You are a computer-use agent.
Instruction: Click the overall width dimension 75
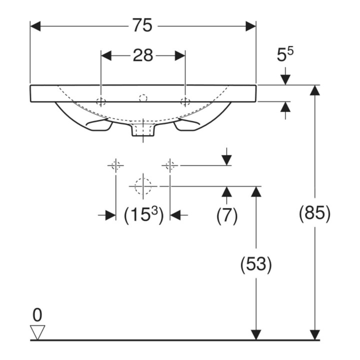(x=142, y=25)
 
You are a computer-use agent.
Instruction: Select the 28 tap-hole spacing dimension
(x=143, y=55)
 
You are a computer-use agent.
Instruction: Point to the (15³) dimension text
(x=143, y=215)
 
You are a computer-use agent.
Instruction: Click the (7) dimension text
(x=227, y=215)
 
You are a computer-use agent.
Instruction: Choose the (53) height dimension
(x=256, y=264)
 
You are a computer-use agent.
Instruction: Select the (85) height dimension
(x=314, y=212)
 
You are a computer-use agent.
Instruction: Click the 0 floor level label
(x=37, y=315)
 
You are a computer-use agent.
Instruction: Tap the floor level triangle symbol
(x=37, y=332)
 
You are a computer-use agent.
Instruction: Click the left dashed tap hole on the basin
(x=101, y=101)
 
